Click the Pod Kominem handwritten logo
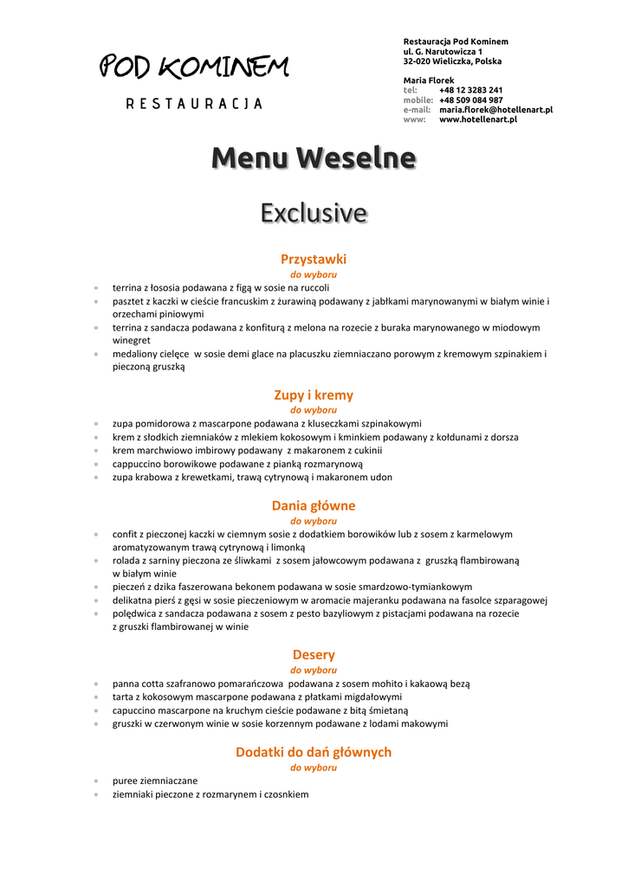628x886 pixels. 194,67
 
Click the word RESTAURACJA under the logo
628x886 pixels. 194,104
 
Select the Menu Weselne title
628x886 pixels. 314,158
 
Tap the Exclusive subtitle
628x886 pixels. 314,213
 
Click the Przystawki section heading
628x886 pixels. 314,259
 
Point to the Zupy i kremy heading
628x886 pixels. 314,395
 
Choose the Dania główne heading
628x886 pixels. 314,506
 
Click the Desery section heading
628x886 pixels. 314,655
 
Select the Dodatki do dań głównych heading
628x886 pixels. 314,753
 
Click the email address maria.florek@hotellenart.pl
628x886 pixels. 495,110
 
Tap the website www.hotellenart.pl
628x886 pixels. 477,120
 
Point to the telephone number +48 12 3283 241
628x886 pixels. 470,90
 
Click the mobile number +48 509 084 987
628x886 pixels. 470,100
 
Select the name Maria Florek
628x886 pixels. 429,80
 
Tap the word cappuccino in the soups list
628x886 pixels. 136,464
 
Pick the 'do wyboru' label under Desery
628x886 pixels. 314,671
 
